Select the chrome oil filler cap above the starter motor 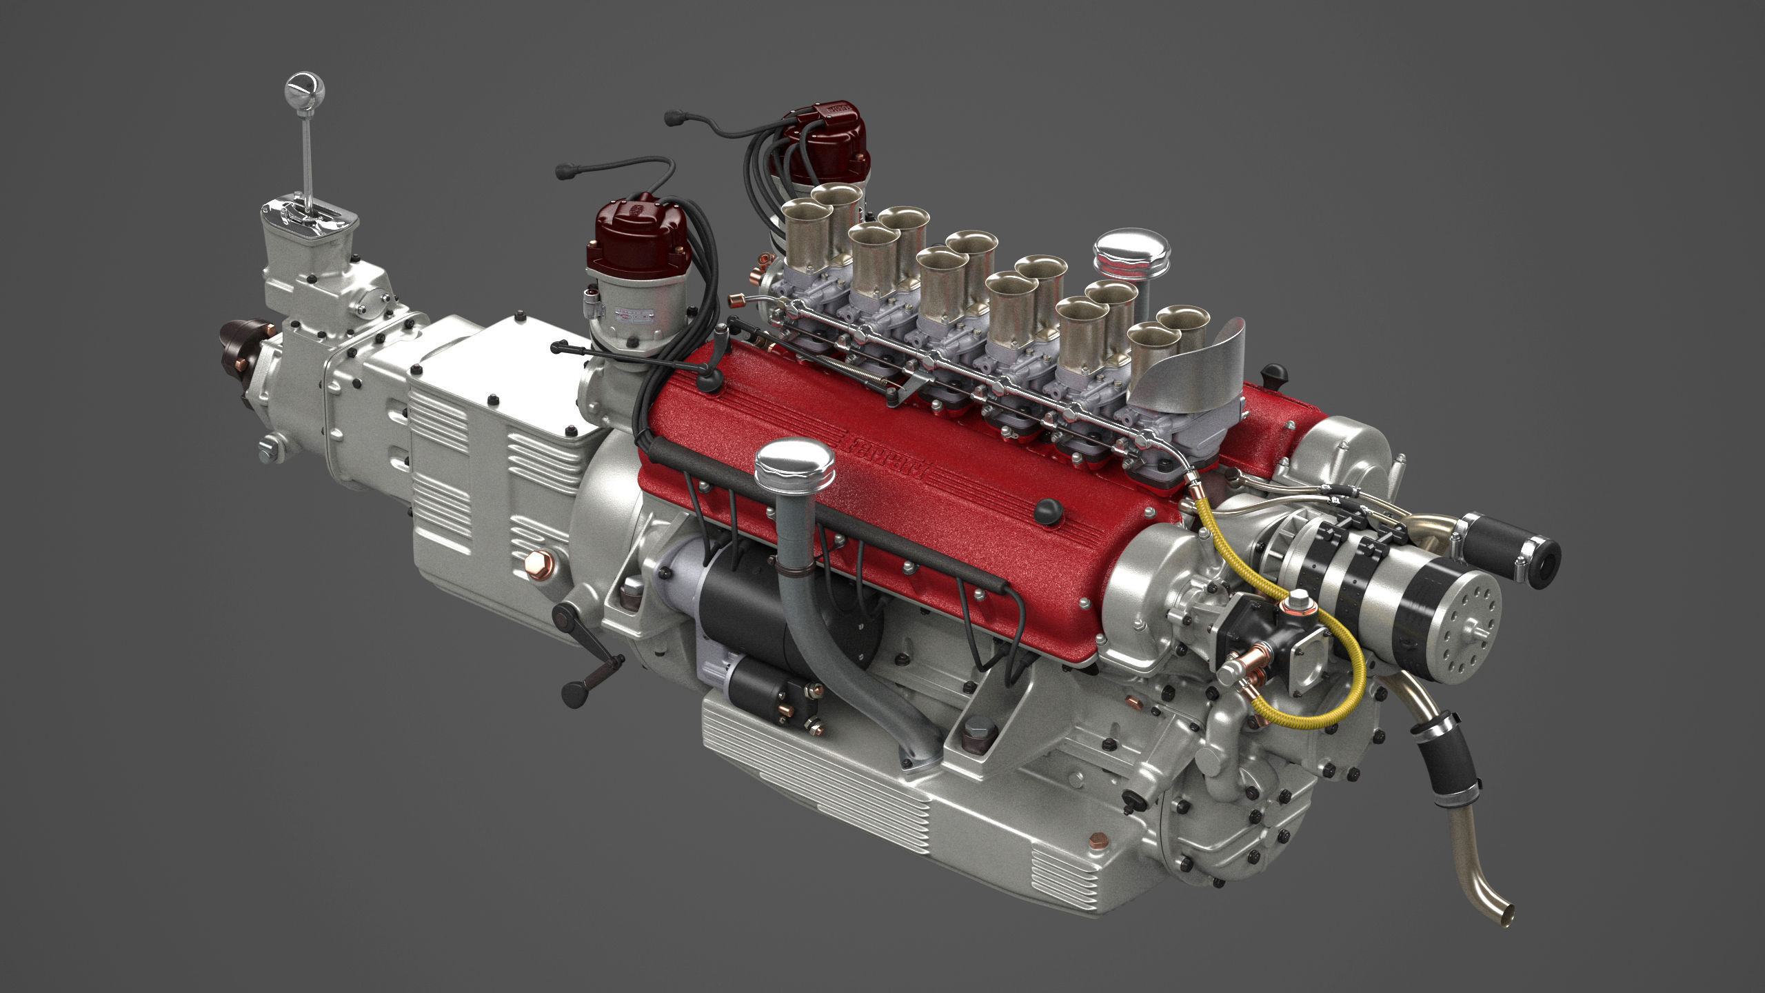[x=794, y=462]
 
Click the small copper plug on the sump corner [x=1098, y=841]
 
